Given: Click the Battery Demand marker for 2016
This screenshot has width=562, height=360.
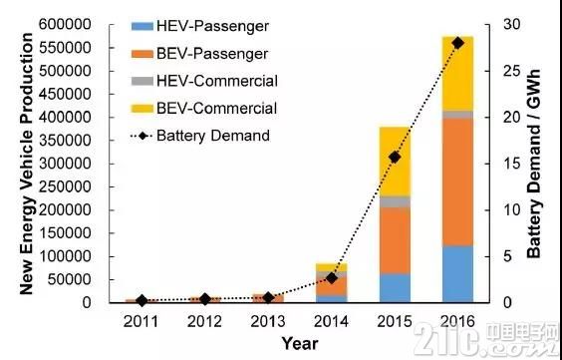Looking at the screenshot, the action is click(x=457, y=44).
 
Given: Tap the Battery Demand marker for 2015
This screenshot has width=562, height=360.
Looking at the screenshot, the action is click(x=395, y=158).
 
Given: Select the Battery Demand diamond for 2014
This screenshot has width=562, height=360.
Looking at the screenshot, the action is click(x=332, y=278).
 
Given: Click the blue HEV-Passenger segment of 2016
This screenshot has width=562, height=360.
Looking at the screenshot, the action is click(x=457, y=274).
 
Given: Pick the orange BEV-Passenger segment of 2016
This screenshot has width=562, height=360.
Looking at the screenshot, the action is click(x=457, y=182).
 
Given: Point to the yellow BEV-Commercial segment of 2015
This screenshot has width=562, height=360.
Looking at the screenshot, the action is click(x=395, y=162).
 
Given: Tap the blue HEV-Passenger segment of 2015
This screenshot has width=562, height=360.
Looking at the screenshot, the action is click(x=395, y=288).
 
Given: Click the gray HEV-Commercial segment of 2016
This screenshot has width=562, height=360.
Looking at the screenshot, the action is click(x=457, y=115).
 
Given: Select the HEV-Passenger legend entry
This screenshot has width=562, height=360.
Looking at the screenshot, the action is click(x=200, y=26).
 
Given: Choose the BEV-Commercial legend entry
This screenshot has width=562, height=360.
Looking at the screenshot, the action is click(x=204, y=108).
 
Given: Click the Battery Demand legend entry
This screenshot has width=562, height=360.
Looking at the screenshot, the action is click(x=200, y=136).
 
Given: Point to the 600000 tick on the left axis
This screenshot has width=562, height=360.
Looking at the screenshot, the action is click(x=65, y=25).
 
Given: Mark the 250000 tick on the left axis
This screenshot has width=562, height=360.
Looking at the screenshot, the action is click(x=65, y=186).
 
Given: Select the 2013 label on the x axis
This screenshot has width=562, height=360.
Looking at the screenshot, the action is click(x=268, y=322).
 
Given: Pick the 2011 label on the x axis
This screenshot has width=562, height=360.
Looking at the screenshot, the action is click(x=141, y=322).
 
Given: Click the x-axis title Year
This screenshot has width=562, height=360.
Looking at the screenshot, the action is click(x=300, y=343).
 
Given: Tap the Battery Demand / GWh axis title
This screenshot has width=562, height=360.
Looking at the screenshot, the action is click(x=534, y=164).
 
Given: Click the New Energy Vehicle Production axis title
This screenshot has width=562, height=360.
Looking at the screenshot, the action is click(x=26, y=164).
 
